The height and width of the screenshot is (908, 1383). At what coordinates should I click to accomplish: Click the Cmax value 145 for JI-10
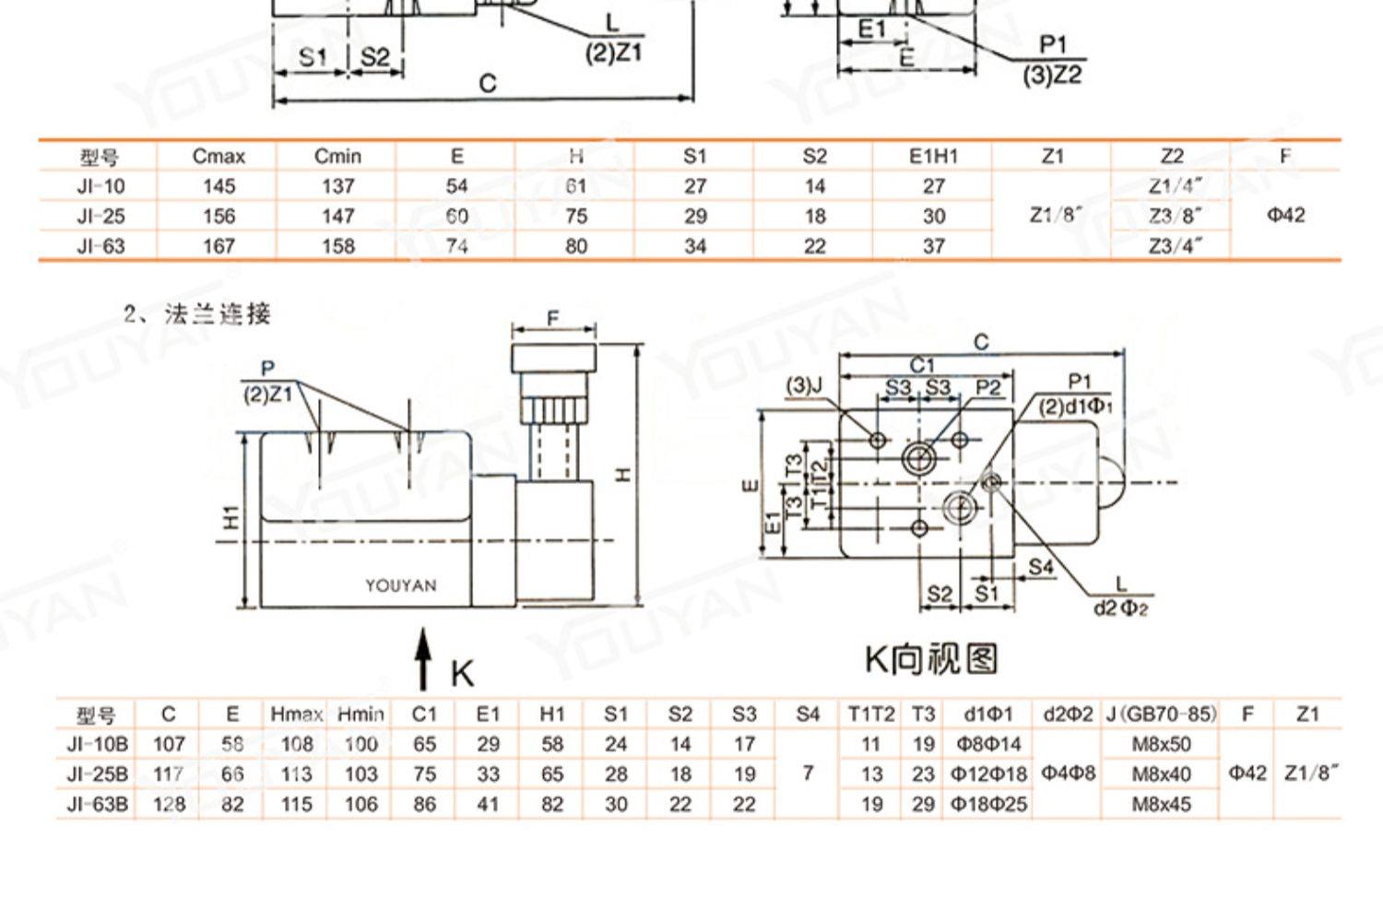[219, 186]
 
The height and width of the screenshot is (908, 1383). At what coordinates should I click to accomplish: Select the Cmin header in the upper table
[337, 156]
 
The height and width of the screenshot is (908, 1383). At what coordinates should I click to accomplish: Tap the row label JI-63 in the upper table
[100, 246]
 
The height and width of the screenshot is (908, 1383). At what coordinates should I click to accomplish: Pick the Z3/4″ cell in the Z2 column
[1175, 246]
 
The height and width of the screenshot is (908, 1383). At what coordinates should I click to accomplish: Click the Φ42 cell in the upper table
[1285, 216]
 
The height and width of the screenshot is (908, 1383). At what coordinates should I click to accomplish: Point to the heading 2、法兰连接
[197, 314]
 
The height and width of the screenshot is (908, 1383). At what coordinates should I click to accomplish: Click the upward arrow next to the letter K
[423, 658]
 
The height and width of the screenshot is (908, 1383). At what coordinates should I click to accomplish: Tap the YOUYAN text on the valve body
[400, 586]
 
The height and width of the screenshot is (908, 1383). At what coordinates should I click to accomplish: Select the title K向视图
[931, 659]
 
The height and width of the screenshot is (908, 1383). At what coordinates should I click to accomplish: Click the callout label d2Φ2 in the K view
[1120, 608]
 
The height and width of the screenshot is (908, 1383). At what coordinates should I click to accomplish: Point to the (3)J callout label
[804, 385]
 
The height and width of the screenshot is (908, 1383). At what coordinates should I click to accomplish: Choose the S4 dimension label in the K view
[1041, 566]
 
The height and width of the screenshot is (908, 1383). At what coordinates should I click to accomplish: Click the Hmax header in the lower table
[296, 714]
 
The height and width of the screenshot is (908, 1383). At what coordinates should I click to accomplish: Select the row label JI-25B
[98, 774]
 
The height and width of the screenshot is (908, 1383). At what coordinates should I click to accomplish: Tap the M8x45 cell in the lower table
[1161, 805]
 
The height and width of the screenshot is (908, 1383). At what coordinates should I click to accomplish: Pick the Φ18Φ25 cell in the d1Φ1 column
[988, 805]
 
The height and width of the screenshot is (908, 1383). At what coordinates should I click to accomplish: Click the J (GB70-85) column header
[1161, 714]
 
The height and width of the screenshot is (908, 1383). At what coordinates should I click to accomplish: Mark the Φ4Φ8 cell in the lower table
[1068, 773]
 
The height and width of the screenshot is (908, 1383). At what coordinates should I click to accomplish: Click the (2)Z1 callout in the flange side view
[267, 395]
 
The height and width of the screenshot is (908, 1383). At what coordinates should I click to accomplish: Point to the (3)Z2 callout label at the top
[1052, 75]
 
